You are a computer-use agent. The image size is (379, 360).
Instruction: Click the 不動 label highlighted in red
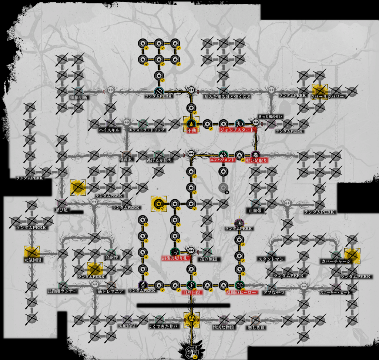[191, 130]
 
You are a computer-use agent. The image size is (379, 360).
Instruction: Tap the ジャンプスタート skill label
[237, 130]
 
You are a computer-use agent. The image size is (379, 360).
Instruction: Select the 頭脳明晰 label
[78, 98]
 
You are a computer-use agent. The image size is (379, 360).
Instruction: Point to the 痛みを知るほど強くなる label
[227, 97]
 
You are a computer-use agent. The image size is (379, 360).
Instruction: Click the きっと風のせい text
[270, 117]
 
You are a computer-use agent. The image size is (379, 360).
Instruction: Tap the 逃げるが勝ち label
[159, 160]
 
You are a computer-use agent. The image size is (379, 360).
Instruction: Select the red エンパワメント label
[222, 160]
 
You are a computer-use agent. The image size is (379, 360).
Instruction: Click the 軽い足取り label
[256, 160]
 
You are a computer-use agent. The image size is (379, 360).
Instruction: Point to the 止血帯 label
[256, 211]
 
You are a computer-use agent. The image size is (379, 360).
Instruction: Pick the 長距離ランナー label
[63, 291]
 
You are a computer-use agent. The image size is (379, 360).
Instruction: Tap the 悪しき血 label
[256, 327]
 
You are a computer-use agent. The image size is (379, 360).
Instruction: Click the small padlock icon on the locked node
[227, 192]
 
